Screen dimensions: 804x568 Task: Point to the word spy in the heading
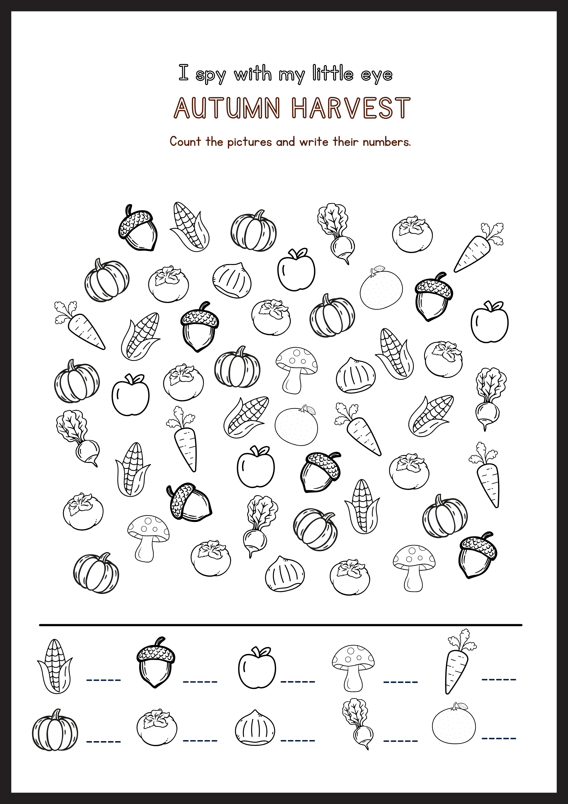(210, 75)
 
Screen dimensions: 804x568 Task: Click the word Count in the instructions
(185, 142)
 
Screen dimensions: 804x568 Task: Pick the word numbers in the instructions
(386, 142)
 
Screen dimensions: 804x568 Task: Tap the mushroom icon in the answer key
(353, 668)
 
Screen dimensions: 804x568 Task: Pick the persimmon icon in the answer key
(156, 728)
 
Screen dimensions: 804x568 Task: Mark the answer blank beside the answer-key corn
(104, 680)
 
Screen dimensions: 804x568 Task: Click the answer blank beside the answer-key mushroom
(400, 682)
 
